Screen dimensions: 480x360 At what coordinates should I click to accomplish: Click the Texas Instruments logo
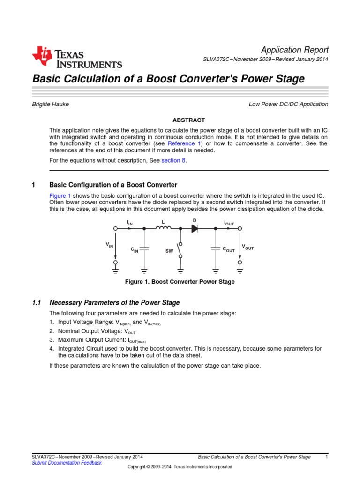(x=77, y=58)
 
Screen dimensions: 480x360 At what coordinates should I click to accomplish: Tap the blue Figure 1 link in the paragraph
(x=60, y=195)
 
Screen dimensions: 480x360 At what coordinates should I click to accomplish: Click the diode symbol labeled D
(x=195, y=228)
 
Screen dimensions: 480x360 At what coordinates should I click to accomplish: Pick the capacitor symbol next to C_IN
(x=144, y=250)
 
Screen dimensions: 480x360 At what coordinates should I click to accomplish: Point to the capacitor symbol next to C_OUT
(x=215, y=250)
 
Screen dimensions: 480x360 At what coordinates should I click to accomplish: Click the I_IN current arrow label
(x=130, y=223)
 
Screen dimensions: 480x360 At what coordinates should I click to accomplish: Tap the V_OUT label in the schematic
(x=247, y=247)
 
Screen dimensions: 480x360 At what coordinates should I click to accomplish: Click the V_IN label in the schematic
(x=109, y=245)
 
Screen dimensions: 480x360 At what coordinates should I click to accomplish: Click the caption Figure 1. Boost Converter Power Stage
(x=180, y=282)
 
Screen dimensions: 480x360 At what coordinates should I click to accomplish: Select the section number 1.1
(x=37, y=303)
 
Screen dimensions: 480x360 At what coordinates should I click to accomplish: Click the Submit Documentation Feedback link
(x=66, y=463)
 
